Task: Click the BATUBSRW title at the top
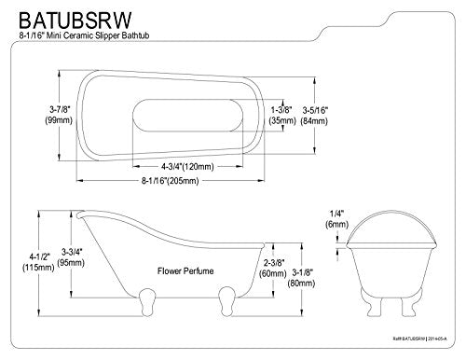coord(75,21)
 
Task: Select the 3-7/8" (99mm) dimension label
coord(59,115)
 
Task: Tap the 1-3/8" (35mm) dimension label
coord(282,115)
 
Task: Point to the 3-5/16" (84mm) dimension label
coord(314,116)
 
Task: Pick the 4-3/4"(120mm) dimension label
coord(187,167)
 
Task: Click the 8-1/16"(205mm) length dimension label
coord(171,180)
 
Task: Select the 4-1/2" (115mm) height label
coord(38,262)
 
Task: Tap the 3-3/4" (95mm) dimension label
coord(73,257)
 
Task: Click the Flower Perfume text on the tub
coord(185,270)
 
